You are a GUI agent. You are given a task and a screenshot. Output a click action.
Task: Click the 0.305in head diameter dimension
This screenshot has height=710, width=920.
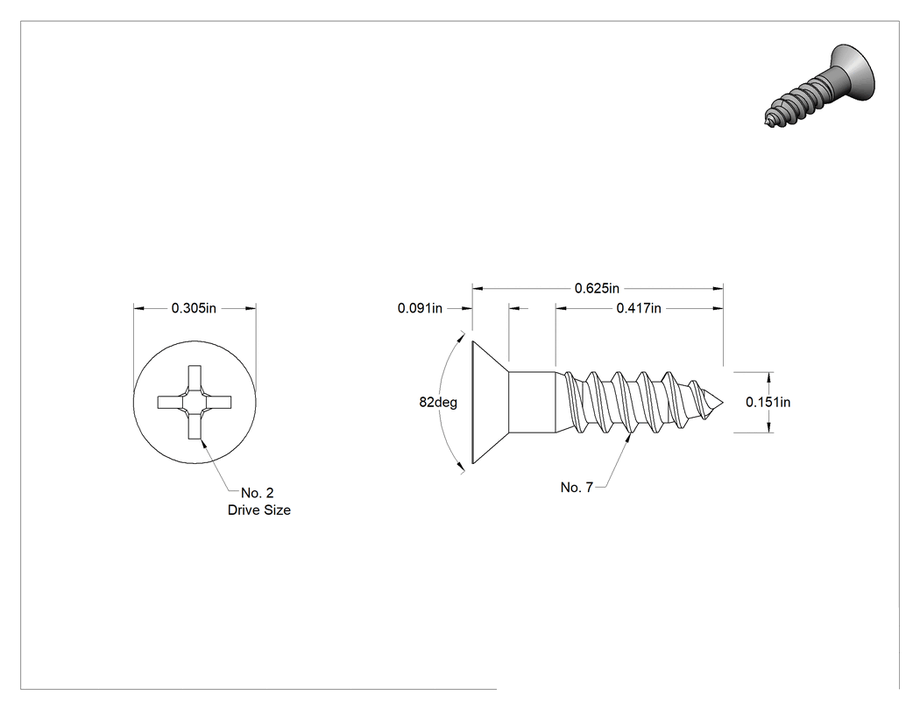[x=194, y=308]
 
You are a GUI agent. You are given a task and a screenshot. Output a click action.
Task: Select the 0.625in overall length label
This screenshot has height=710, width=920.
[x=597, y=288]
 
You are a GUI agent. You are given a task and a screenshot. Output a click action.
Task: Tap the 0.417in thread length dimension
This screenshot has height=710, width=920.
[x=639, y=308]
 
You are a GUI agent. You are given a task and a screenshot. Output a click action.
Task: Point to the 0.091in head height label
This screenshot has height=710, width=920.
[x=420, y=308]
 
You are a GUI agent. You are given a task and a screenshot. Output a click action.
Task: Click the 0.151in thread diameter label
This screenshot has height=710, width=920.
[x=768, y=402]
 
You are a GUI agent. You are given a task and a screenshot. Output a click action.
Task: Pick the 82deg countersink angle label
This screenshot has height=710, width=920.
[x=438, y=402]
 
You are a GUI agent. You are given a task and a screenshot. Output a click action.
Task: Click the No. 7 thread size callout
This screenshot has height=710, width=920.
[x=577, y=488]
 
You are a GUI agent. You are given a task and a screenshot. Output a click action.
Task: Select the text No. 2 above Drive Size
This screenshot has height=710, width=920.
[x=257, y=493]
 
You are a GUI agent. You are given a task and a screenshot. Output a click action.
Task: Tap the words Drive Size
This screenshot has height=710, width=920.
[x=258, y=510]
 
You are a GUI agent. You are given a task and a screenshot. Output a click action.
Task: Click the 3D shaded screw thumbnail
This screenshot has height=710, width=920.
[x=820, y=85]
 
